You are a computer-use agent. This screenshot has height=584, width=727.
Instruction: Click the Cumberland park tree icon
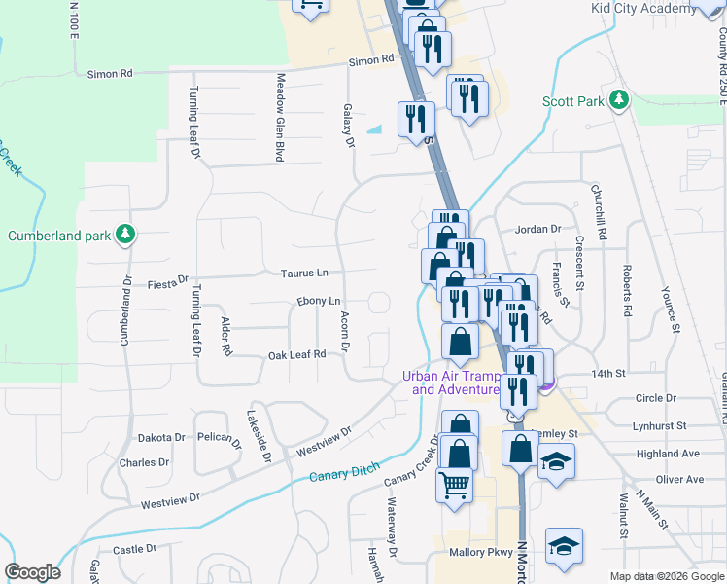(124, 235)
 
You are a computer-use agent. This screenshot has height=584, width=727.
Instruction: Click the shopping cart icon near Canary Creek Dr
(454, 484)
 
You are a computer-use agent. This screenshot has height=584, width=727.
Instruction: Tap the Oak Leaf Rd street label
(296, 355)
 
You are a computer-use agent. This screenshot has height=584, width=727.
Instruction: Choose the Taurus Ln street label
(304, 274)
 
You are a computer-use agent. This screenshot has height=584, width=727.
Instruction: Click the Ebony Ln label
(320, 302)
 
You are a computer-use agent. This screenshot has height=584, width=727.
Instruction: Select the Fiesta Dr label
(167, 283)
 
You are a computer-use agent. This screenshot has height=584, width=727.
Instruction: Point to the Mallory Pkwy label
(480, 552)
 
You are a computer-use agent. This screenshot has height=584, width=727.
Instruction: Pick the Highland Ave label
(668, 454)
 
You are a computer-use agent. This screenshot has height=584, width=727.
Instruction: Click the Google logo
(32, 572)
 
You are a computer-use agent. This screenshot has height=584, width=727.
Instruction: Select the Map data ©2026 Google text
(667, 576)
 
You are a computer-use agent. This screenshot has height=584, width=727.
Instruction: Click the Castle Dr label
(134, 550)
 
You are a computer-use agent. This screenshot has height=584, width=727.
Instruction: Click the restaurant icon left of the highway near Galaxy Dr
(416, 119)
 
